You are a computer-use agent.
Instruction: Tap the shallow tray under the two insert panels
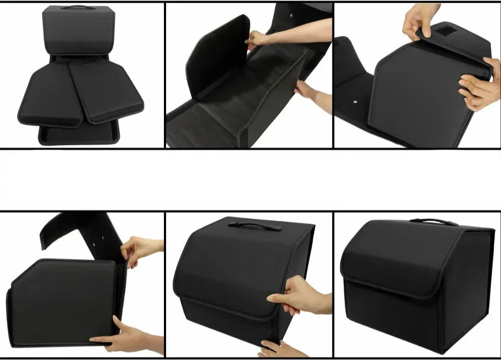[79, 134]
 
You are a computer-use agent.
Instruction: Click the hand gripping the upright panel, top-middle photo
[256, 39]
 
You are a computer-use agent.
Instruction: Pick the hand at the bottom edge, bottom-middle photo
[277, 349]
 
